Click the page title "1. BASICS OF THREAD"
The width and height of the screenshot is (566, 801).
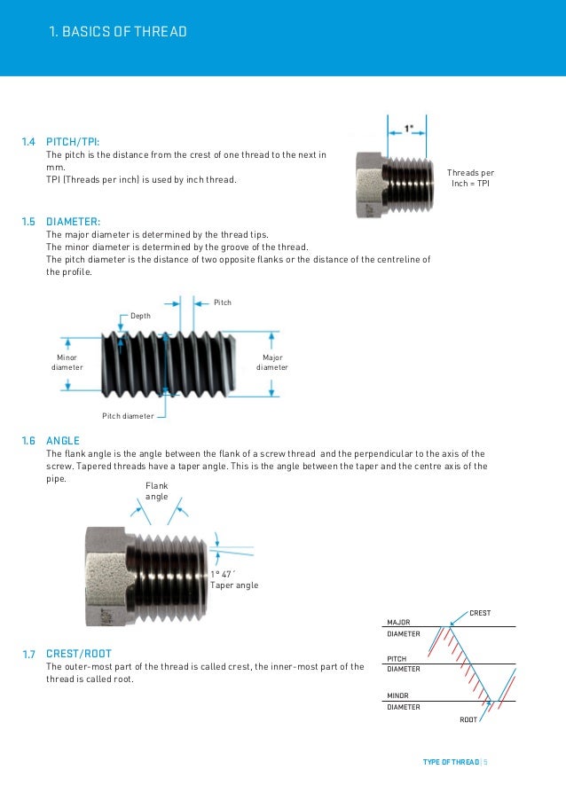[118, 33]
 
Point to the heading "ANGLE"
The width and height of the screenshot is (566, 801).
[63, 441]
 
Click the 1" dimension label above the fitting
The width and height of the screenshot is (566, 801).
[409, 128]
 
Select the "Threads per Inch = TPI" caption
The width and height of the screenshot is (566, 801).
[470, 177]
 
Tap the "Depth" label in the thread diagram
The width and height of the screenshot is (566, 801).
[141, 315]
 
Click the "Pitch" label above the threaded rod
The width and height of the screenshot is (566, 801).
[223, 302]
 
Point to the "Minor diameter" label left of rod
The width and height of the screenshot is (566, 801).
[67, 362]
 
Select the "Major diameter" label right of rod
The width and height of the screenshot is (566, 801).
[272, 362]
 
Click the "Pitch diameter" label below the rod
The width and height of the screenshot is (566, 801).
[128, 415]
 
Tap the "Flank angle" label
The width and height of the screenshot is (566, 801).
[156, 491]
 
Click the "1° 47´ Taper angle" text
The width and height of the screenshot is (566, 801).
[233, 580]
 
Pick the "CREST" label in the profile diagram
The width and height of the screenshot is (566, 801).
[479, 613]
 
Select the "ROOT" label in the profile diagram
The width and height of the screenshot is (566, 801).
[468, 719]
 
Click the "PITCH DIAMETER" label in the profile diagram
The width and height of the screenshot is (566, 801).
[404, 664]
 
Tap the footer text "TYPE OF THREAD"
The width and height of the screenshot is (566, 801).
[451, 762]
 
